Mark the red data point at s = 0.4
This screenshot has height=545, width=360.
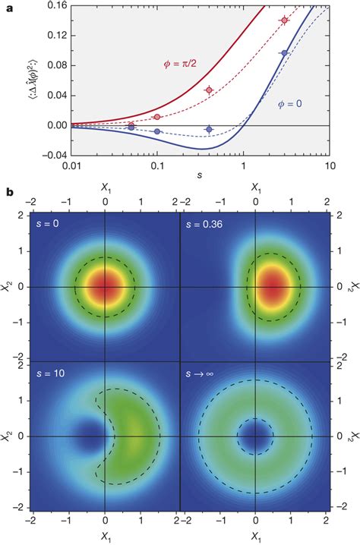pos(209,90)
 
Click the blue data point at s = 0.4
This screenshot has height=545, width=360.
pos(209,130)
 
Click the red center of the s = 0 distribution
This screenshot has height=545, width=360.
pos(105,287)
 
